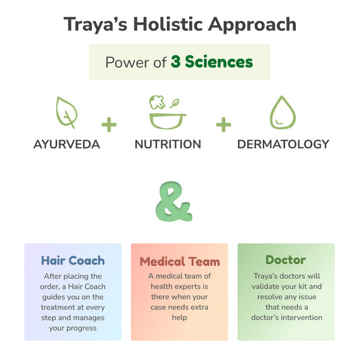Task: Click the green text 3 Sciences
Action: [211, 63]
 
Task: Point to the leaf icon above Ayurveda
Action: [66, 112]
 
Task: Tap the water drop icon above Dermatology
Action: [282, 112]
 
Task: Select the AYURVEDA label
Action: [67, 144]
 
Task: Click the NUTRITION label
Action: [168, 144]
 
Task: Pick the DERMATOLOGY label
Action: [283, 144]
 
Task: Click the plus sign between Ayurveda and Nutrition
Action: [109, 124]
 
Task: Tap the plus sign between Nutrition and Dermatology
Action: [224, 124]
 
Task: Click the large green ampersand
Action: [175, 202]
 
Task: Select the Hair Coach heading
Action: [72, 260]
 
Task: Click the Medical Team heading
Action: [180, 261]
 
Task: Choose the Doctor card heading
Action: [286, 260]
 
